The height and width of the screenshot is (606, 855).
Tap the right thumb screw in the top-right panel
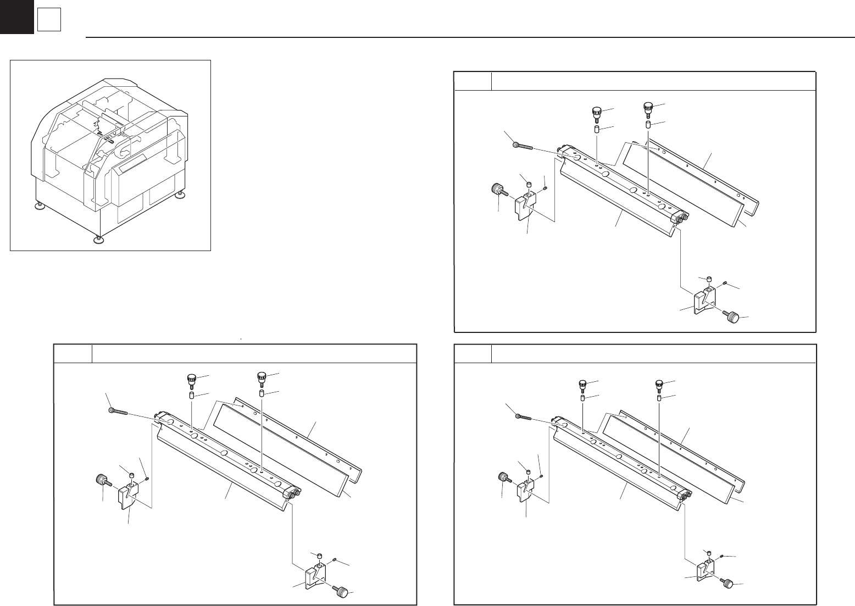point(648,109)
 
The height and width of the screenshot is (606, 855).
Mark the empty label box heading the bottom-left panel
point(73,354)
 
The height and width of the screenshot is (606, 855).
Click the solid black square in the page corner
point(16,17)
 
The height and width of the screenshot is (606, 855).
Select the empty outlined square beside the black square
point(49,21)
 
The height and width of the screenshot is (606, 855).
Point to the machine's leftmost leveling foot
point(40,206)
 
